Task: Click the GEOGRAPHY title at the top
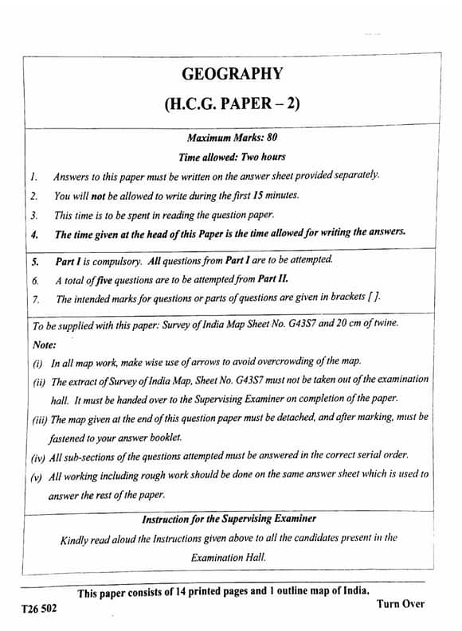[x=232, y=75]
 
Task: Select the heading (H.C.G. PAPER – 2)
[x=232, y=104]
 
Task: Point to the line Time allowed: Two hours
[x=232, y=158]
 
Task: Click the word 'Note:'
[x=44, y=345]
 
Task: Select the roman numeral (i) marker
[x=37, y=363]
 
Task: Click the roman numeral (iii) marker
[x=38, y=418]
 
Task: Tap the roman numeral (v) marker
[x=37, y=476]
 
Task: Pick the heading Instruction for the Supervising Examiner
[x=228, y=519]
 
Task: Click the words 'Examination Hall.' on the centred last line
[x=228, y=557]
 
